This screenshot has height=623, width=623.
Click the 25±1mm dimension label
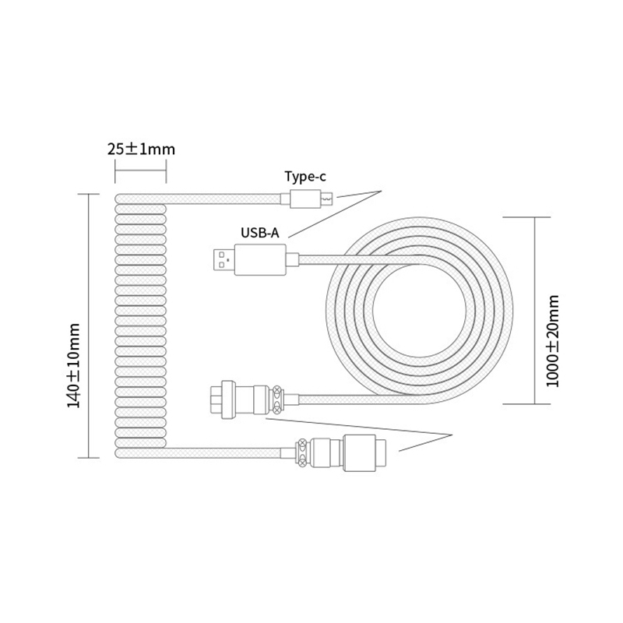(141, 149)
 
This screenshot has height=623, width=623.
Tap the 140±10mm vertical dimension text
(75, 366)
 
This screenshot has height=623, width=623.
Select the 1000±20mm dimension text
(552, 341)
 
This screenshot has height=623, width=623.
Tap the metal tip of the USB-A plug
(223, 259)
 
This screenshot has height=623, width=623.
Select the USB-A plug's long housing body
(260, 259)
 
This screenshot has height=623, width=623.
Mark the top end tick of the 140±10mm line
(89, 194)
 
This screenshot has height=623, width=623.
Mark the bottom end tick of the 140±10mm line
(89, 457)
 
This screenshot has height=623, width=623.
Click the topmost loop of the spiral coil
(140, 199)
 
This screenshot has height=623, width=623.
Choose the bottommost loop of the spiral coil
(140, 452)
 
